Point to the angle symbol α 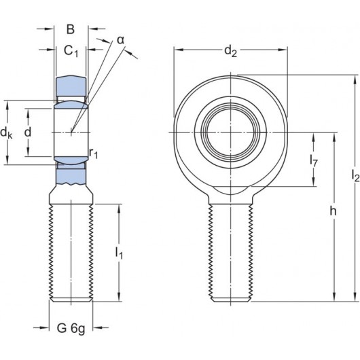click(x=120, y=40)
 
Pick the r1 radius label click(x=94, y=154)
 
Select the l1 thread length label click(x=120, y=253)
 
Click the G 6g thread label click(x=71, y=331)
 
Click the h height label click(x=333, y=211)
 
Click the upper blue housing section click(x=71, y=87)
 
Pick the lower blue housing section click(x=71, y=175)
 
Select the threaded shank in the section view click(x=71, y=251)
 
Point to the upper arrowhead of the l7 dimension click(x=313, y=137)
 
